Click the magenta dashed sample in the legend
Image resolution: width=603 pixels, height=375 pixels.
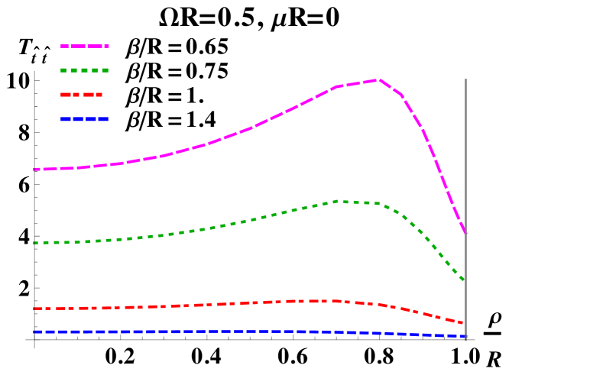85,47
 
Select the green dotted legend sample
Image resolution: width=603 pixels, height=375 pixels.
85,70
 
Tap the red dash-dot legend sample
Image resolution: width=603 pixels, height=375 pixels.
81,95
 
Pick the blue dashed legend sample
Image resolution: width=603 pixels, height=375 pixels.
85,119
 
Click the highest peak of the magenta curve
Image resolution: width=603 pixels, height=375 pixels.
377,79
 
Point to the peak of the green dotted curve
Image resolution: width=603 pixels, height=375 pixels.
336,201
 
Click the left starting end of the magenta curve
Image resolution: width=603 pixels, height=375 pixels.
34,170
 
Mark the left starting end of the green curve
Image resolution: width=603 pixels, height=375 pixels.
34,243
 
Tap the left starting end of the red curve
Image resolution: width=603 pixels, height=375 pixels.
34,309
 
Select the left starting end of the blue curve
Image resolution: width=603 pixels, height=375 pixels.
34,332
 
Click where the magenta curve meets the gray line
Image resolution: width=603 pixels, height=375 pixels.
465,233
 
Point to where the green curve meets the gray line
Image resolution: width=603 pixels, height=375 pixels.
465,280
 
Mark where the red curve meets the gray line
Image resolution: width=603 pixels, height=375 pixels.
465,323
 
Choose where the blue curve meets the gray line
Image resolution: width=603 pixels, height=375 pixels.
465,336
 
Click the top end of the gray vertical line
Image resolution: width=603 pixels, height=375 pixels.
465,79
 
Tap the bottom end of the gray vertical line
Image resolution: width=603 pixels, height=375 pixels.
465,340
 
